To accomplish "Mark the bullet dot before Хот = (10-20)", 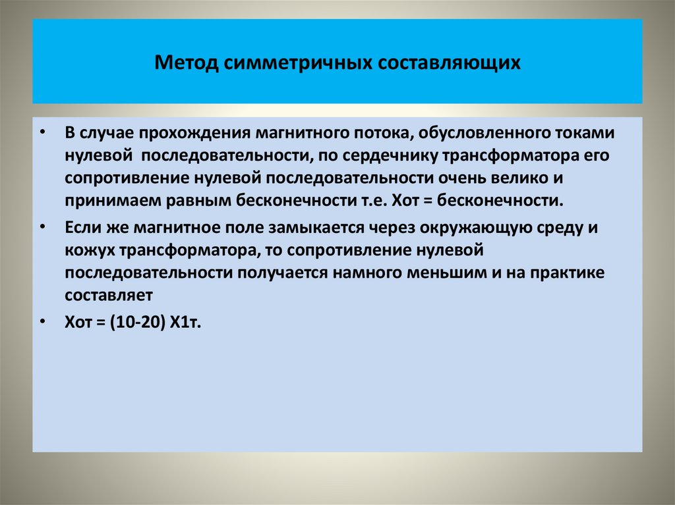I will tap(43, 322).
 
